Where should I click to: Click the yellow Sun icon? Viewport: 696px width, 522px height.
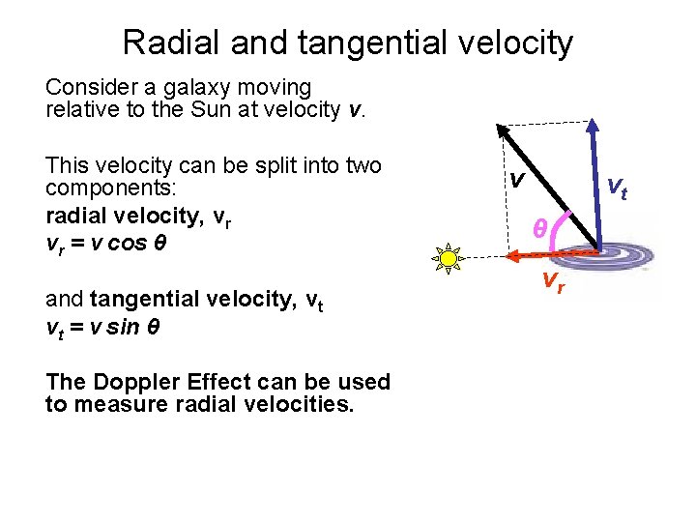(448, 259)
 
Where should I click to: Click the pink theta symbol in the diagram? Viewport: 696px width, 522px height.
(540, 228)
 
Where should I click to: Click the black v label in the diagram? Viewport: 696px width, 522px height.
(518, 179)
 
